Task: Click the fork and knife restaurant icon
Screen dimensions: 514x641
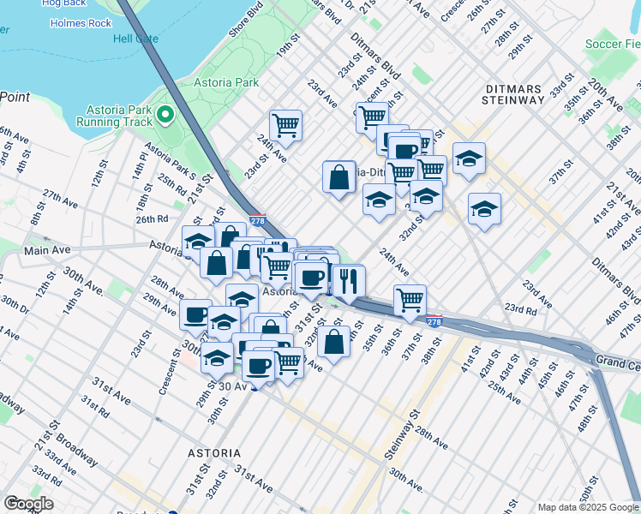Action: click(x=349, y=279)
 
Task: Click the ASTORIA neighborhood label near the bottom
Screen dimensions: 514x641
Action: click(x=213, y=451)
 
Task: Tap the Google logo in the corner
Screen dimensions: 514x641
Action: click(x=28, y=504)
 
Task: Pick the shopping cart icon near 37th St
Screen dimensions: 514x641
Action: click(x=410, y=301)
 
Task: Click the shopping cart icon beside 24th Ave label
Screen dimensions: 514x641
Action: click(x=285, y=125)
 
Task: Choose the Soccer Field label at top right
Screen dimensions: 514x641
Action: click(x=612, y=44)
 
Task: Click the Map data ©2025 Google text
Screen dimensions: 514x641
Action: click(x=587, y=507)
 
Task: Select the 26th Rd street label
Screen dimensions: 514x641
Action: click(x=128, y=220)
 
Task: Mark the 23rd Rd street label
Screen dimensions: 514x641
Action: click(x=520, y=308)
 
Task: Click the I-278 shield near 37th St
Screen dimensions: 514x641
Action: click(x=434, y=321)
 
